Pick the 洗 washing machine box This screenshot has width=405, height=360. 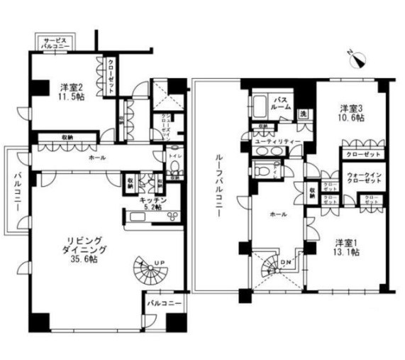click(302, 114)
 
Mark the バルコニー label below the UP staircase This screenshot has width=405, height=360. click(165, 303)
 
